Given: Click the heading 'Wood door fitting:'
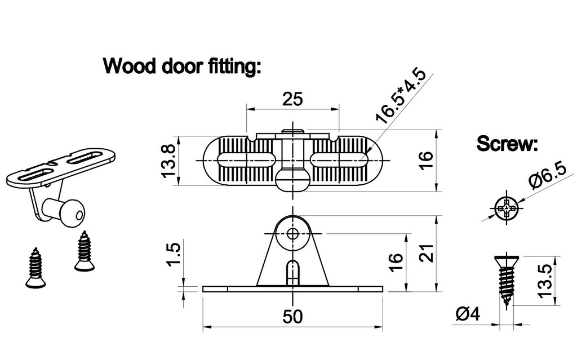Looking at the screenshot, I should pos(182,66).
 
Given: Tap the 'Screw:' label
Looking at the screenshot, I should pos(507,144).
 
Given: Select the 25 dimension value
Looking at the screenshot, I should pos(292,99).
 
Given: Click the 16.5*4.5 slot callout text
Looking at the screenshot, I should pos(401,96).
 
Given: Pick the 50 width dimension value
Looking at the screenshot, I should pos(292,317).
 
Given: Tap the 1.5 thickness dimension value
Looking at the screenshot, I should pos(174,256).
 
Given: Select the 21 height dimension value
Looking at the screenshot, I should pos(428,254).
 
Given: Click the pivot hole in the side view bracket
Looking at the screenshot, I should pos(292,233).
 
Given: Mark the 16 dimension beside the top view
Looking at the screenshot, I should pos(428,161).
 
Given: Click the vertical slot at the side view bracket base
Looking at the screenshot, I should pos(292,272).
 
